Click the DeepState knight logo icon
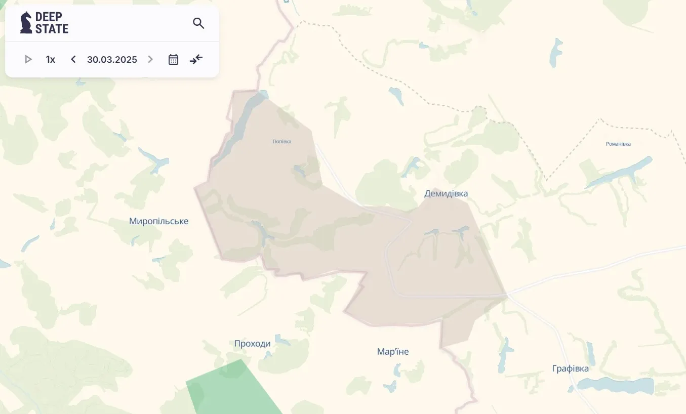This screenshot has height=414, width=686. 26,23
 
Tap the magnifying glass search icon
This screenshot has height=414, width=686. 198,23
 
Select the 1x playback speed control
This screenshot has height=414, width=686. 51,60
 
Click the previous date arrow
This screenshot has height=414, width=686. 73,60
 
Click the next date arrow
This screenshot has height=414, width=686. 150,60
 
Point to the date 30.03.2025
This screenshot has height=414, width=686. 112,60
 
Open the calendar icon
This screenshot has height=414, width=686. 173,60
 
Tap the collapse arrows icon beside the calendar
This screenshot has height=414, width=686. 196,60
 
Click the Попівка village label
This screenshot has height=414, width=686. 282,142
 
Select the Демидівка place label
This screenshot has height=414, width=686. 446,194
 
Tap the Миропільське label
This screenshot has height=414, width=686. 158,221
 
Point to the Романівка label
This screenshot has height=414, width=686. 618,144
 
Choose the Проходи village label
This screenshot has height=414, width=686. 252,344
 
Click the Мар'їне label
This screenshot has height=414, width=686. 393,352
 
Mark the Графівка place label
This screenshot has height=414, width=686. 571,368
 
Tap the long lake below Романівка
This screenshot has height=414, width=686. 620,171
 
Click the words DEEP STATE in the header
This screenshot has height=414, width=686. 52,23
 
